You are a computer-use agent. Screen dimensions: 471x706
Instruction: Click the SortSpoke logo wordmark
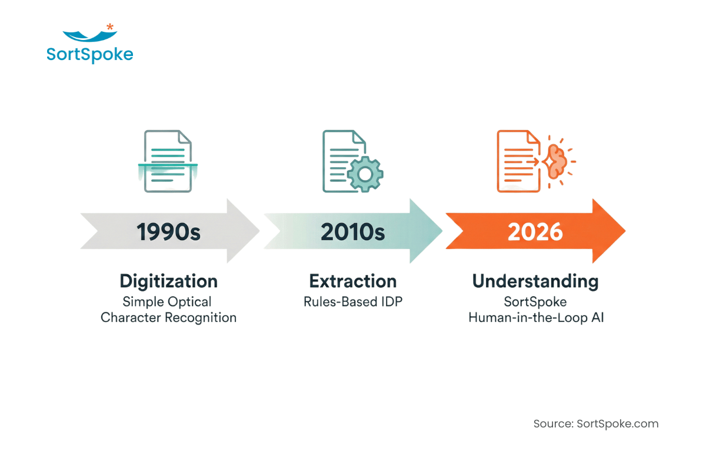pos(89,55)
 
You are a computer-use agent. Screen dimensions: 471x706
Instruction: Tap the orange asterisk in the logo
pos(110,26)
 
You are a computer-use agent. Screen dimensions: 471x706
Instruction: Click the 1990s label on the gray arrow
pos(169,232)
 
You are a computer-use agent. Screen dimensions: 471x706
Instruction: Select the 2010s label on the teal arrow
pos(352,232)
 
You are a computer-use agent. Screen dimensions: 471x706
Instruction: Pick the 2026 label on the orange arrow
pos(535,232)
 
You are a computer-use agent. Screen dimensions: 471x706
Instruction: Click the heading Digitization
pos(169,281)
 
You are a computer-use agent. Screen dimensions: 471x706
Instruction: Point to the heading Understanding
pos(535,281)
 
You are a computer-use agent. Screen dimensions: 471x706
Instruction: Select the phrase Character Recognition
pos(169,318)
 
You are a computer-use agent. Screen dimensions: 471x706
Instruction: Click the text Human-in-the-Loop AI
pos(535,318)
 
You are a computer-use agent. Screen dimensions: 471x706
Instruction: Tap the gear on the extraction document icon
pos(365,173)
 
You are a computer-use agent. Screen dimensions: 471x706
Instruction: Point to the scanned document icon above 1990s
pos(168,161)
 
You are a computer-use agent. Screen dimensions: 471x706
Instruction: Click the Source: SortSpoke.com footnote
pos(596,424)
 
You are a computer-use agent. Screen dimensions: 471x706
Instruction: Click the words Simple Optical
pos(167,301)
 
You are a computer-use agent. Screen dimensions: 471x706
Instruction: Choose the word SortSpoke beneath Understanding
pos(535,301)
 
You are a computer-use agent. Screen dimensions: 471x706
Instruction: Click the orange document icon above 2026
pos(518,161)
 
